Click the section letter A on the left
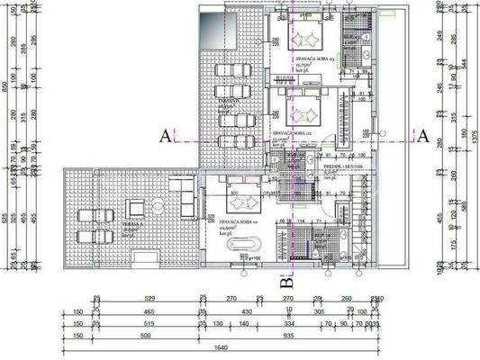164,136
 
